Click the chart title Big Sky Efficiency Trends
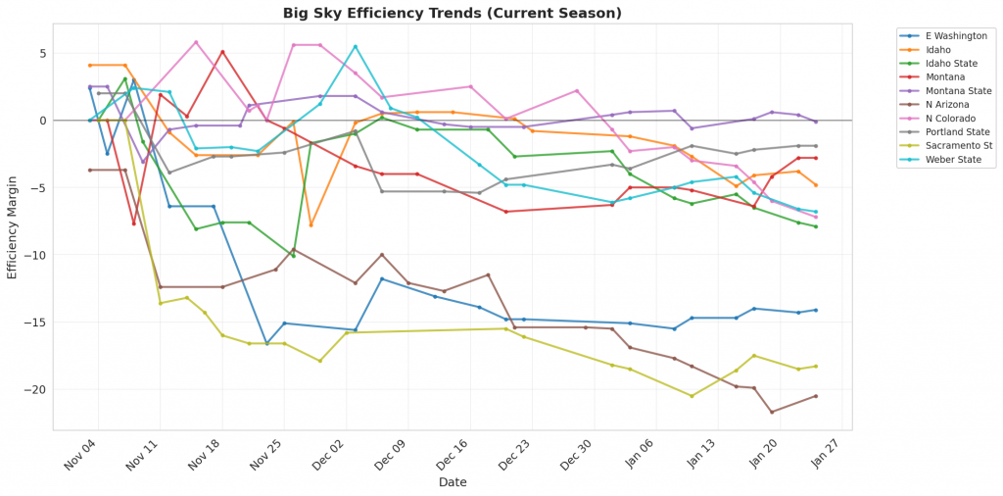click(x=452, y=14)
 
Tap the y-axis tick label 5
click(x=43, y=53)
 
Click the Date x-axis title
click(x=452, y=482)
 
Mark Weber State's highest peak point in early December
click(x=356, y=46)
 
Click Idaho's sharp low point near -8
click(x=311, y=225)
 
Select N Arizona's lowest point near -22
click(x=772, y=412)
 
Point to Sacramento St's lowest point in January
click(x=692, y=396)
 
